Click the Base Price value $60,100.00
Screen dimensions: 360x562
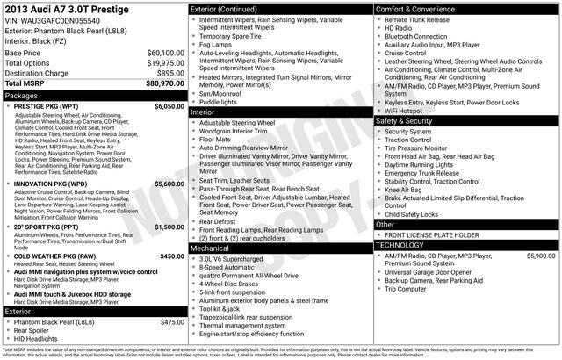(165, 54)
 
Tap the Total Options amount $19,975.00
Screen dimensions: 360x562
(165, 63)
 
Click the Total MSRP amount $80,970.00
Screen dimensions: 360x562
(164, 84)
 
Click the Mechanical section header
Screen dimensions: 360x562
(210, 248)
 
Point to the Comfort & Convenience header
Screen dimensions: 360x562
(419, 9)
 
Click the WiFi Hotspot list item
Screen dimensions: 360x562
(408, 112)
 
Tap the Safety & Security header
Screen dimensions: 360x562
(407, 122)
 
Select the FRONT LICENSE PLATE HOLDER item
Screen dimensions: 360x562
(431, 235)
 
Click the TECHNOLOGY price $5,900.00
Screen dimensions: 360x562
(540, 256)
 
